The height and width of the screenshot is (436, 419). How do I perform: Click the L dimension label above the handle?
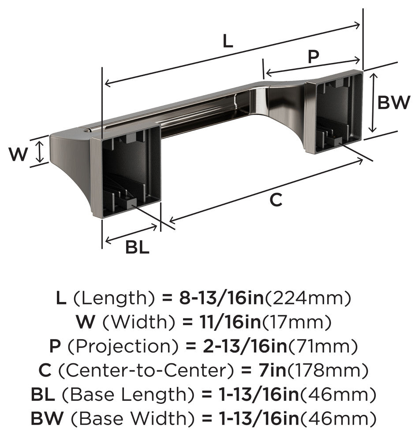point(227,41)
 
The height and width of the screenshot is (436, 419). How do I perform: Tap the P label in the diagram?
point(313,57)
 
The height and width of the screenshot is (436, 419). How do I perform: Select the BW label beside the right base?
point(394,103)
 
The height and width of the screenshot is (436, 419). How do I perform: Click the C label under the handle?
point(276,200)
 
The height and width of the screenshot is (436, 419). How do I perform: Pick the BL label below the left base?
point(137,248)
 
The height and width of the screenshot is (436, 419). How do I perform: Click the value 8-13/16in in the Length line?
point(221,299)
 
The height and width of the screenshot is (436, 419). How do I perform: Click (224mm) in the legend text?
point(307,299)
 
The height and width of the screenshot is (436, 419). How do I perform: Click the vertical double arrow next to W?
point(40,151)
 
